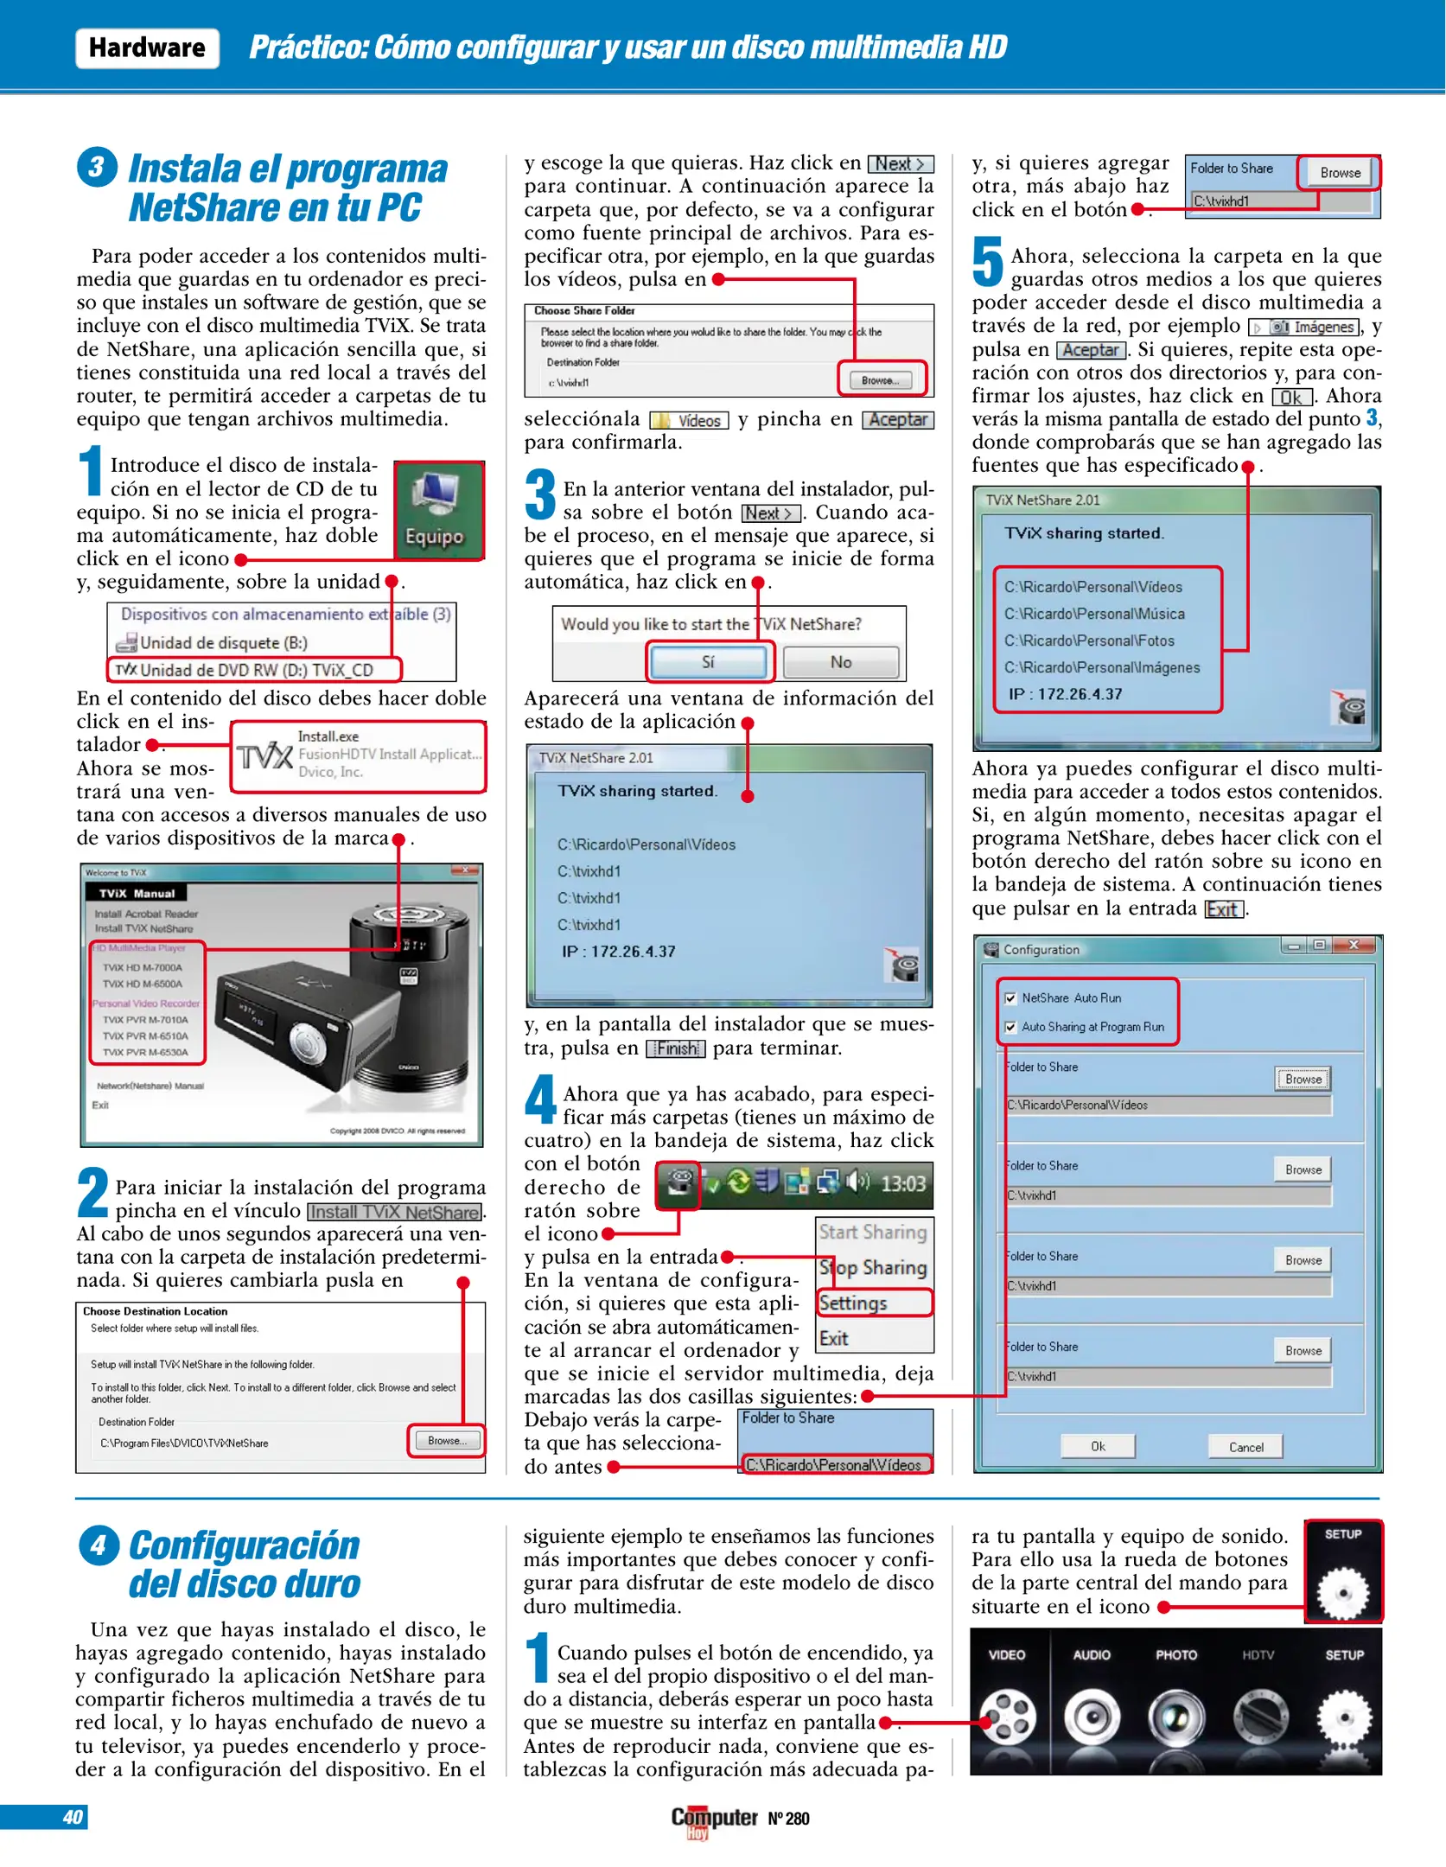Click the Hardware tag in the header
tap(147, 48)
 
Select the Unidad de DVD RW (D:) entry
tap(255, 670)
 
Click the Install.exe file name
tap(328, 736)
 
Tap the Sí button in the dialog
tap(708, 662)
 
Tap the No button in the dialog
tap(841, 662)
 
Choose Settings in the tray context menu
tap(854, 1303)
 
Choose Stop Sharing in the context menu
tap(873, 1267)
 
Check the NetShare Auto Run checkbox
tap(1010, 998)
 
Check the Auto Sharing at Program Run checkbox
tap(1010, 1028)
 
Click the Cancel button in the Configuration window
tap(1245, 1447)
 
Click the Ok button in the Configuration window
tap(1098, 1446)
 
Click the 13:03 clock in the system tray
tap(902, 1184)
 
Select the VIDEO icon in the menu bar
tap(1007, 1716)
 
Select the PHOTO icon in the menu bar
tap(1176, 1716)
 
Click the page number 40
tap(73, 1818)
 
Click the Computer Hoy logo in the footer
tap(714, 1819)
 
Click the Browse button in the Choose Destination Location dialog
tap(446, 1441)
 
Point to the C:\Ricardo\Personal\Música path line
tap(1093, 614)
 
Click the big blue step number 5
tap(988, 262)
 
